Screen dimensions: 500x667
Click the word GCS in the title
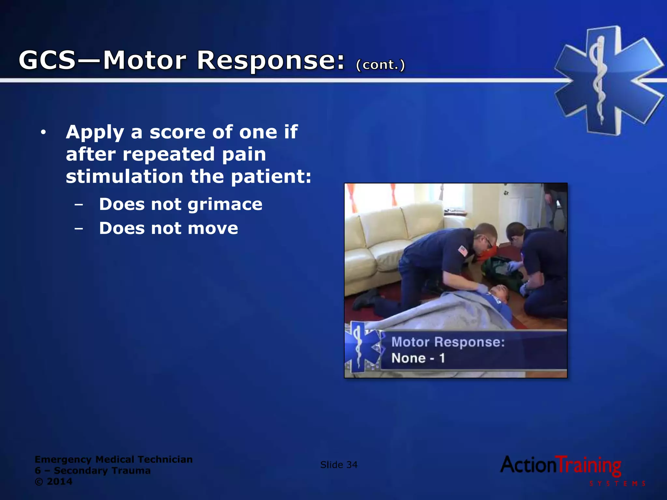[48, 60]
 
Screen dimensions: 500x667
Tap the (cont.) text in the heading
[380, 65]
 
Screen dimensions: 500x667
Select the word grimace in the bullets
[225, 205]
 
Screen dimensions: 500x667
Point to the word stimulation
[124, 176]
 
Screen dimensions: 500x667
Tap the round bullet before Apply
[43, 132]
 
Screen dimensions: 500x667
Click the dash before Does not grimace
[78, 205]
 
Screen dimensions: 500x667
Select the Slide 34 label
[339, 465]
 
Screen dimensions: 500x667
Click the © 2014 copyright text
[54, 481]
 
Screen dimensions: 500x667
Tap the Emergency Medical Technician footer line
[114, 459]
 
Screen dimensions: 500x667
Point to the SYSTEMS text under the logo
[617, 484]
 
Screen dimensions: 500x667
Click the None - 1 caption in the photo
[418, 358]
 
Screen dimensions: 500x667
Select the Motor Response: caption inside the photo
[448, 342]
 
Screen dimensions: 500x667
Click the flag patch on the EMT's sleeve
[463, 250]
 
